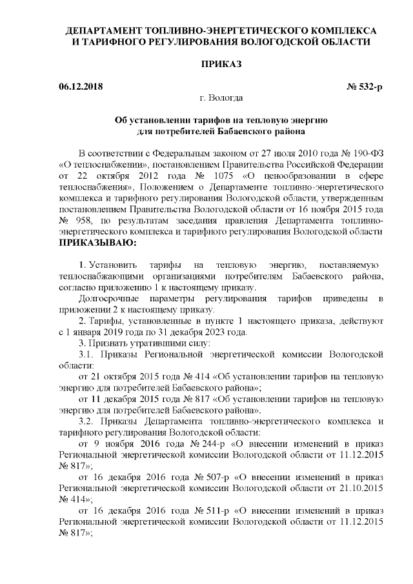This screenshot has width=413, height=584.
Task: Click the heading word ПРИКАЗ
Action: tap(221, 65)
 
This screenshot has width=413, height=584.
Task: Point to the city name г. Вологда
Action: tap(221, 98)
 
